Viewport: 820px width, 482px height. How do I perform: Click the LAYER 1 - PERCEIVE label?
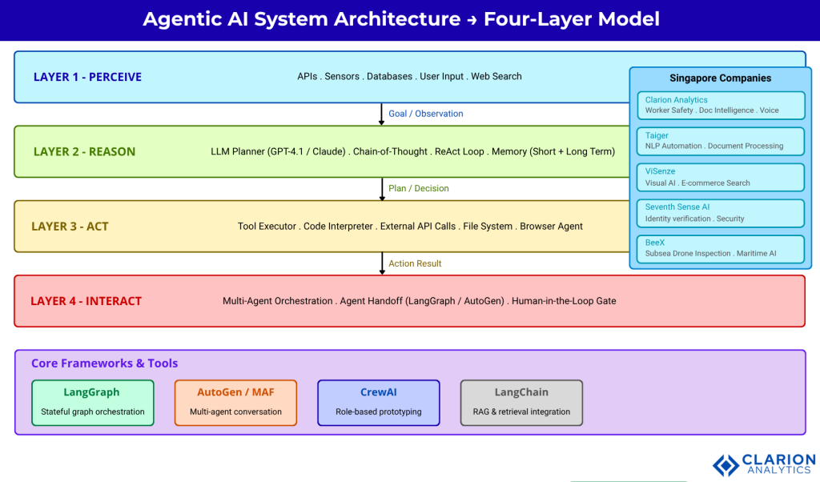coord(87,77)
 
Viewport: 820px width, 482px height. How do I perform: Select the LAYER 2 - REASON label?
coord(84,151)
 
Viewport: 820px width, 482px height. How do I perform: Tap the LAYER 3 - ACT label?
coord(70,227)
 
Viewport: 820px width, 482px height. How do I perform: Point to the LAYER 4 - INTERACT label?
coord(86,301)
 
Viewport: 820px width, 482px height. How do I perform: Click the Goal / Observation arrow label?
coord(425,114)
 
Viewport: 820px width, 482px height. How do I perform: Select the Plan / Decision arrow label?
coord(418,188)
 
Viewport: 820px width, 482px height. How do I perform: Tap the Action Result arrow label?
coord(415,263)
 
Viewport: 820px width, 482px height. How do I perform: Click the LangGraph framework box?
coord(92,402)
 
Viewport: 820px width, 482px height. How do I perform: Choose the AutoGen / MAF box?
coord(235,402)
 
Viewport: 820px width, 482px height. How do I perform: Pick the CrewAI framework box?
coord(379,402)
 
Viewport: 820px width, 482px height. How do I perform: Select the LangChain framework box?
coord(521,402)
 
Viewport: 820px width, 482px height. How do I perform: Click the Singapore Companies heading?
coord(720,78)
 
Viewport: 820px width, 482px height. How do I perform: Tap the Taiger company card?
coord(720,141)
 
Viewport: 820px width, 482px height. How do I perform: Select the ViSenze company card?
coord(720,177)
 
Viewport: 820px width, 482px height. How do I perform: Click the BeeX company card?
coord(720,248)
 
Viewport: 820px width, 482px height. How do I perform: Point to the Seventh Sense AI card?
coord(720,213)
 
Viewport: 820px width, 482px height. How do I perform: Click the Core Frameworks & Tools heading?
coord(104,364)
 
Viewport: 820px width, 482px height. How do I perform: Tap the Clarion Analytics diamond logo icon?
coord(726,465)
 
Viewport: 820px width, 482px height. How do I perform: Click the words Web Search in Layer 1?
coord(496,77)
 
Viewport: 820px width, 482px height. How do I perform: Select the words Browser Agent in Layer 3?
coord(551,227)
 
